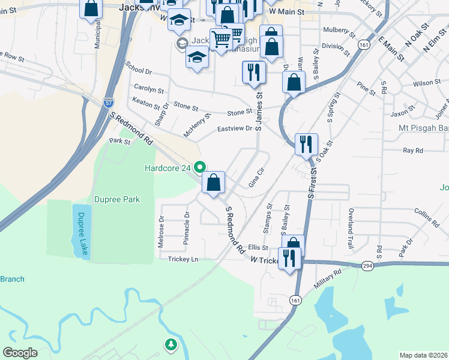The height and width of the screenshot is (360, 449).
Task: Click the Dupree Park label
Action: click(x=117, y=199)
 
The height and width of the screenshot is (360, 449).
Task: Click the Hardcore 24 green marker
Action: click(x=202, y=167)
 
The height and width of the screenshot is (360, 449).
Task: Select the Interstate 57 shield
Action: click(x=108, y=103)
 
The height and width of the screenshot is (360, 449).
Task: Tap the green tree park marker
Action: click(x=171, y=344)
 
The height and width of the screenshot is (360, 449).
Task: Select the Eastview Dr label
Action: click(x=235, y=129)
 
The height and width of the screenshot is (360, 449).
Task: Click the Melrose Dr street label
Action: click(x=161, y=228)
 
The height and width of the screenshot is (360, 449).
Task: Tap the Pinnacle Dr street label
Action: click(x=187, y=229)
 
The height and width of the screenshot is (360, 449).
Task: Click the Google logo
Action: click(x=20, y=353)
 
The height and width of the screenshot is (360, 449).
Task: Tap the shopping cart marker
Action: click(x=221, y=39)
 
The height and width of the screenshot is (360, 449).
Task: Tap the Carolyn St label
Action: click(x=149, y=89)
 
